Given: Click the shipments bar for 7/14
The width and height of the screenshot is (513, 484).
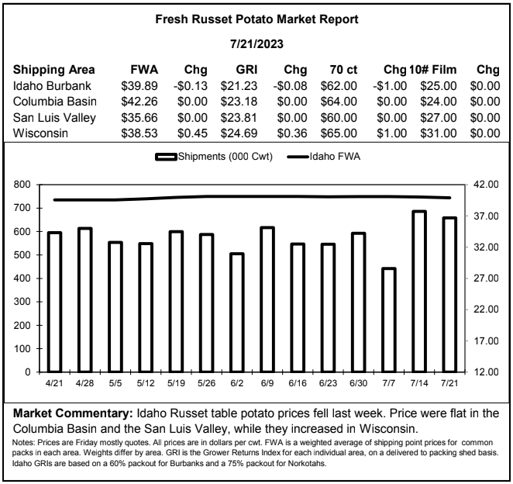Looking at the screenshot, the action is pyautogui.click(x=419, y=292).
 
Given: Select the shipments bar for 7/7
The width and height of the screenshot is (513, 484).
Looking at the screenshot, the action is pyautogui.click(x=389, y=320).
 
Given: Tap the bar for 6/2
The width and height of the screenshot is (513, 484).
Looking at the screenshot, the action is pyautogui.click(x=237, y=313).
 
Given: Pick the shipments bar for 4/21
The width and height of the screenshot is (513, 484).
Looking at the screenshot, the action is pyautogui.click(x=54, y=302).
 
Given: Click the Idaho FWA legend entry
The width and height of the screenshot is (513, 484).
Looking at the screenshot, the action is pyautogui.click(x=324, y=157).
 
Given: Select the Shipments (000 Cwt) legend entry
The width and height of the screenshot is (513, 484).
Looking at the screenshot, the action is pyautogui.click(x=214, y=157).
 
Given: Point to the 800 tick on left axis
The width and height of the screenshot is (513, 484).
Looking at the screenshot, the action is pyautogui.click(x=22, y=185).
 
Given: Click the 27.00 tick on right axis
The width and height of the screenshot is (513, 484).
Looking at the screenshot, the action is pyautogui.click(x=486, y=278).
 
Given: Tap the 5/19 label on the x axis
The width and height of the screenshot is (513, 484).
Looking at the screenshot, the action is pyautogui.click(x=176, y=383).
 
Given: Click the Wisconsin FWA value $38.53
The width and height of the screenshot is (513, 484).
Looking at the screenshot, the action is pyautogui.click(x=139, y=133).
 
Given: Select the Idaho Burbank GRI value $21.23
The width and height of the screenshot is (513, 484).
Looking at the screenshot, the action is pyautogui.click(x=239, y=86).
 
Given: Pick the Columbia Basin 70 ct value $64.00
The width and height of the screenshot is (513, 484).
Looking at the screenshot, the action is pyautogui.click(x=339, y=102).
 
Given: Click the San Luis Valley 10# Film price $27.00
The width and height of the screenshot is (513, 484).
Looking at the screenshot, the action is pyautogui.click(x=439, y=118).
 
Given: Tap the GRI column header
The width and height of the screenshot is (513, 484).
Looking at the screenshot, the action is pyautogui.click(x=246, y=70).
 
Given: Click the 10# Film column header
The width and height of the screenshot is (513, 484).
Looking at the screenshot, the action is pyautogui.click(x=432, y=70).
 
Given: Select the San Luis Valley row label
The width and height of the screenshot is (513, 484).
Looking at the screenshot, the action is pyautogui.click(x=54, y=118).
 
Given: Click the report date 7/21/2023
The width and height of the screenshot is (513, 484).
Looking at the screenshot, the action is pyautogui.click(x=256, y=44).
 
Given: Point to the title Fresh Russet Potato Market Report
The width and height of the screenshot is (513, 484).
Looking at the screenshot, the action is pyautogui.click(x=256, y=19).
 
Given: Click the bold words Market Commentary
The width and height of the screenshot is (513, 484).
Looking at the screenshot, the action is pyautogui.click(x=73, y=413).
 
